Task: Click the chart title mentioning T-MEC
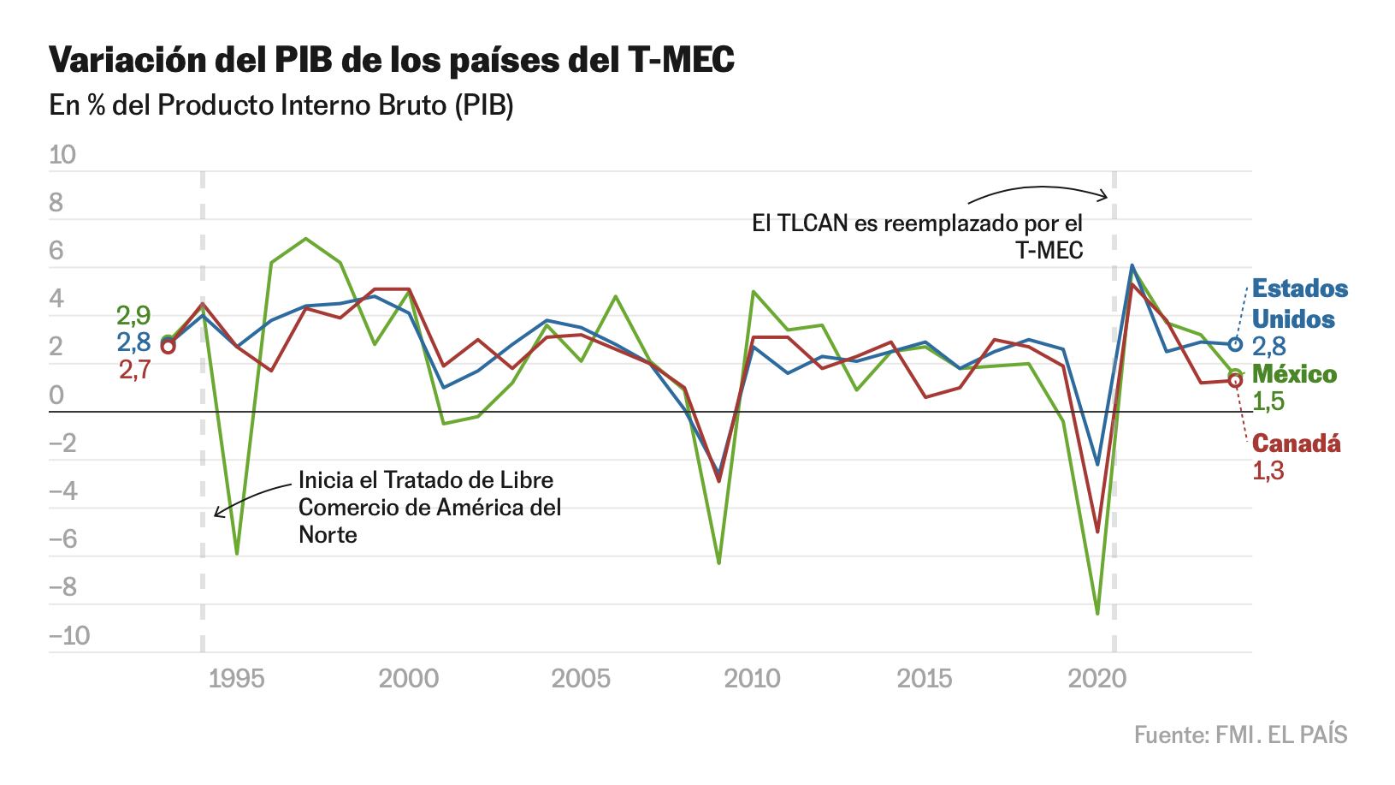392,62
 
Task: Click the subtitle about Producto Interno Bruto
281,107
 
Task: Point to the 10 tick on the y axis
63,155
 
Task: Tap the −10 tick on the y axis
69,636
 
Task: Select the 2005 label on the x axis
581,679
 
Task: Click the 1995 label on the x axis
236,679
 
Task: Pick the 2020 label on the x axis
1097,679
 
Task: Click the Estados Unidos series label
1299,304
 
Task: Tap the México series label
1294,374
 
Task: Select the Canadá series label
1296,443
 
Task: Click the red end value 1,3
1268,471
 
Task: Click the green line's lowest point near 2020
1097,613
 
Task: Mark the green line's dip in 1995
236,554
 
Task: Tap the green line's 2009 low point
718,562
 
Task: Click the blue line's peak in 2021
1132,266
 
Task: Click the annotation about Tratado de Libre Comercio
429,507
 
